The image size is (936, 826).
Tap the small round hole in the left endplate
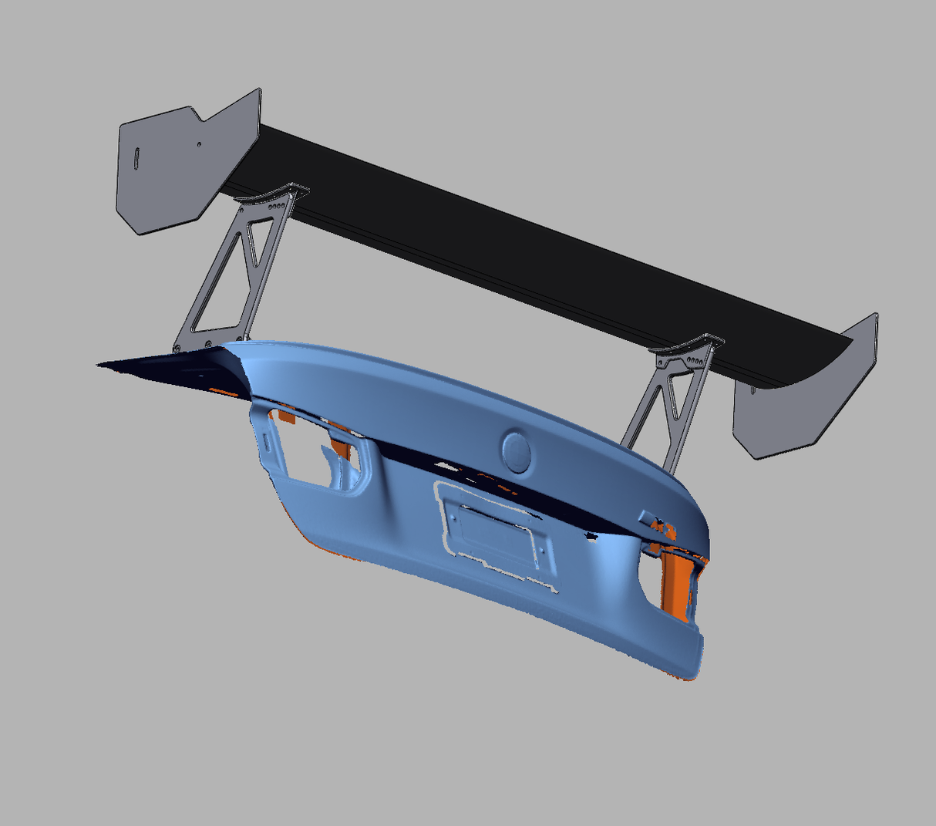click(199, 143)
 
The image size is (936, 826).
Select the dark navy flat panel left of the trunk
click(170, 366)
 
